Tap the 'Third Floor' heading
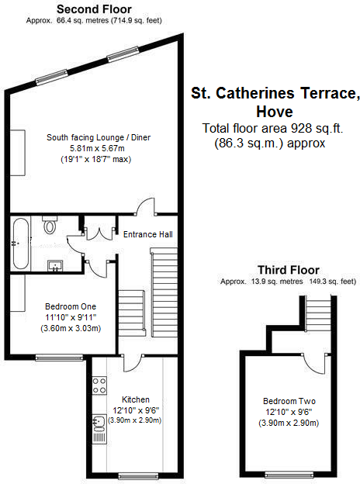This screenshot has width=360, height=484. click(289, 270)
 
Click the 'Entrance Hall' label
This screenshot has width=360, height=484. click(148, 234)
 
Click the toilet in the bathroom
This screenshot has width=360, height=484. click(51, 226)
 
